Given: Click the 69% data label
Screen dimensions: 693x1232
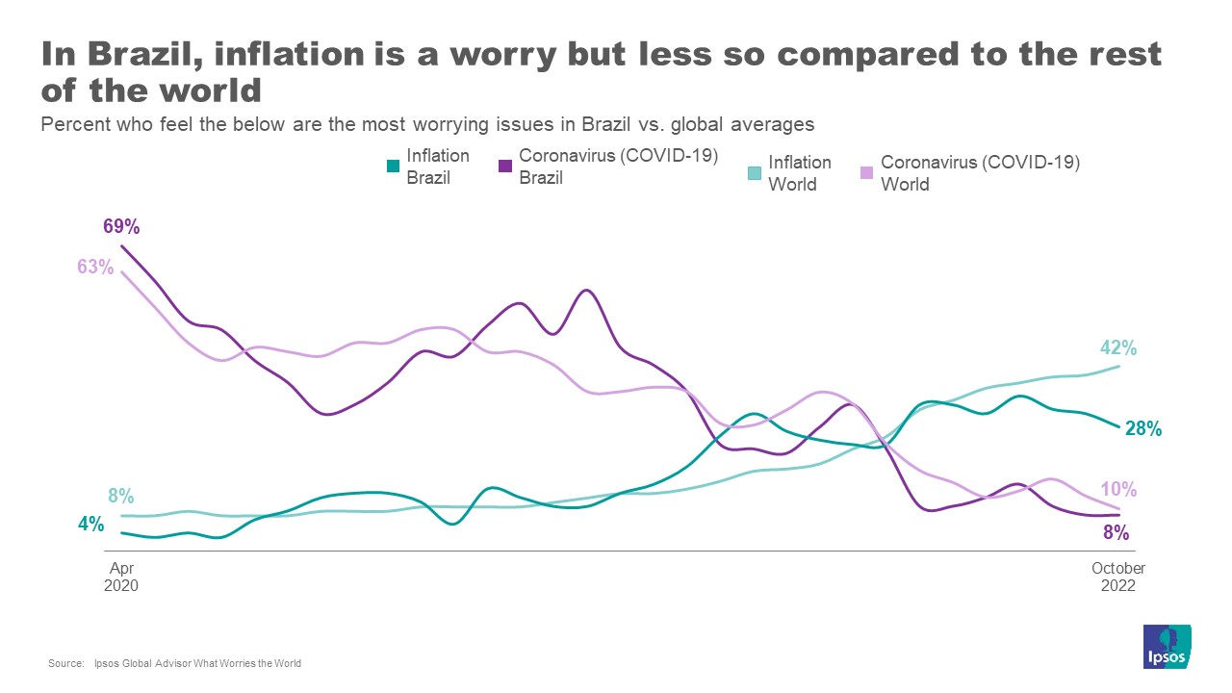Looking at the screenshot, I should click(122, 227).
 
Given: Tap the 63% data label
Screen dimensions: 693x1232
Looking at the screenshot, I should click(95, 267).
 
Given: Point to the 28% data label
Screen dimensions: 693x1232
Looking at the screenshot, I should click(1143, 428).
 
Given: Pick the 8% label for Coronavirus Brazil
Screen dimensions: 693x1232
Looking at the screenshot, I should click(1116, 532).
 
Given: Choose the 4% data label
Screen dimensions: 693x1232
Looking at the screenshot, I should click(90, 525).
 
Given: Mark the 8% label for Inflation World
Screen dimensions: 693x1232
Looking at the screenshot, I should click(120, 497).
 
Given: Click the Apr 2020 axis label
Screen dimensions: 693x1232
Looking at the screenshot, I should click(121, 577).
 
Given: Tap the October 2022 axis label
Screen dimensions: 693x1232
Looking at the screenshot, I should click(1117, 577).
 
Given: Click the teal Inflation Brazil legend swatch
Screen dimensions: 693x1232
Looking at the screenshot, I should click(393, 166).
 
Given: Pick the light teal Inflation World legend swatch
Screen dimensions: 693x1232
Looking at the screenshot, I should click(755, 172).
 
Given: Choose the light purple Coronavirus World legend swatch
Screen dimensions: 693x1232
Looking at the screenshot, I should click(866, 172).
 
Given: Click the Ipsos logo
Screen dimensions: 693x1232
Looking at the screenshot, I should click(1167, 648).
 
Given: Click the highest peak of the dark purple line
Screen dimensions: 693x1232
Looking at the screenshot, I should click(121, 246).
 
